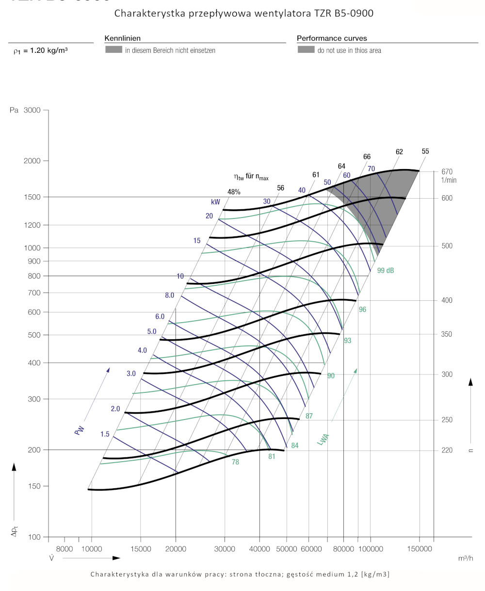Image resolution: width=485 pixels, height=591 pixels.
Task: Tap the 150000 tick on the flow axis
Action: [419, 549]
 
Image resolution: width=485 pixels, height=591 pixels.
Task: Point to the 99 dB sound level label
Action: [386, 270]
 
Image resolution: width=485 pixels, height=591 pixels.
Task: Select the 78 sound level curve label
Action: [235, 462]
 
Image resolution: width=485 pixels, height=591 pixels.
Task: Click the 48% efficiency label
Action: [234, 192]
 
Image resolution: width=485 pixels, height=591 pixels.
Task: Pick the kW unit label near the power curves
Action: [216, 202]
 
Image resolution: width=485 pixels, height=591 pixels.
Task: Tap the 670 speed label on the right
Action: [447, 171]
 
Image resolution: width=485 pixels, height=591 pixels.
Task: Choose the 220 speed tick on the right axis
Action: [447, 450]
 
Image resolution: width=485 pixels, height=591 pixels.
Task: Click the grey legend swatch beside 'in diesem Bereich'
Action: [113, 50]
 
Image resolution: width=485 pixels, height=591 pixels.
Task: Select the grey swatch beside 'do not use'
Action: [306, 50]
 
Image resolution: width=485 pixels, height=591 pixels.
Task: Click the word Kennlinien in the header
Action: [122, 38]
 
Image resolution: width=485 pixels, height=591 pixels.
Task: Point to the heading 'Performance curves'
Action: [332, 38]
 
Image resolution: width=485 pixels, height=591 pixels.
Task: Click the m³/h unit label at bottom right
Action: [465, 559]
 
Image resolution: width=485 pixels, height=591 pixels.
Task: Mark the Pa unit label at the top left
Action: [14, 110]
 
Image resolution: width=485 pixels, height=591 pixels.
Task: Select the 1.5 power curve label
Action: [105, 434]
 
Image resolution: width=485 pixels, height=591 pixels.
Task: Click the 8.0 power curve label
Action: [169, 295]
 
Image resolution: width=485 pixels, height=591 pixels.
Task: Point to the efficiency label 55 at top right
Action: [425, 151]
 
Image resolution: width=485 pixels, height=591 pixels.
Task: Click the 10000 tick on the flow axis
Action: [92, 549]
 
